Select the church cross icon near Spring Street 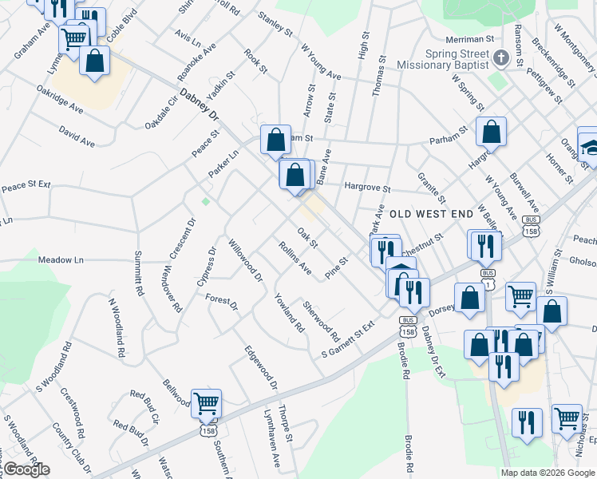tap(501, 58)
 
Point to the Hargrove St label tap(367, 189)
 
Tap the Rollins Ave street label tap(295, 258)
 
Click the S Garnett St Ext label tap(347, 340)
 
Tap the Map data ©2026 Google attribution tap(548, 473)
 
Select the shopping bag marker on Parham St tap(491, 131)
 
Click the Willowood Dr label tap(245, 260)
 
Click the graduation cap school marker tap(591, 147)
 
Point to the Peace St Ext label tap(26, 186)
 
